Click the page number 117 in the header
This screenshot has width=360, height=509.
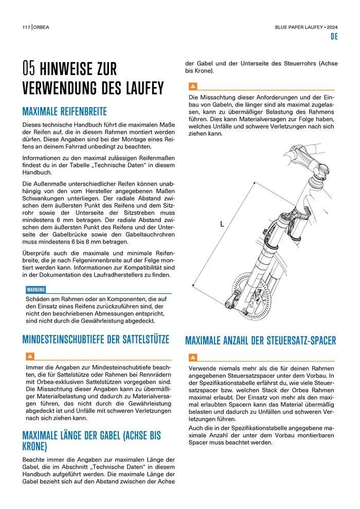26,27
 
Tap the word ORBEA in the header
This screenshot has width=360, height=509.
43,27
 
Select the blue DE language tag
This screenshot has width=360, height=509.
333,37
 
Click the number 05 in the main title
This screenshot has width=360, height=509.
29,68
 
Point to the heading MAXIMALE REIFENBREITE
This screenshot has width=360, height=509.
64,111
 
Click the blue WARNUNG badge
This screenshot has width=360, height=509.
35,289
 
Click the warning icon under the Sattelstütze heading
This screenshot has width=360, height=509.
30,356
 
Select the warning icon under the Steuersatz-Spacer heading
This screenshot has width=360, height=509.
193,357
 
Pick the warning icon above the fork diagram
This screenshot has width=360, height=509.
193,86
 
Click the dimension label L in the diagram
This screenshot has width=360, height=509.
222,224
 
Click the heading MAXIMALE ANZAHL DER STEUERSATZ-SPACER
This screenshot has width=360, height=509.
260,340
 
